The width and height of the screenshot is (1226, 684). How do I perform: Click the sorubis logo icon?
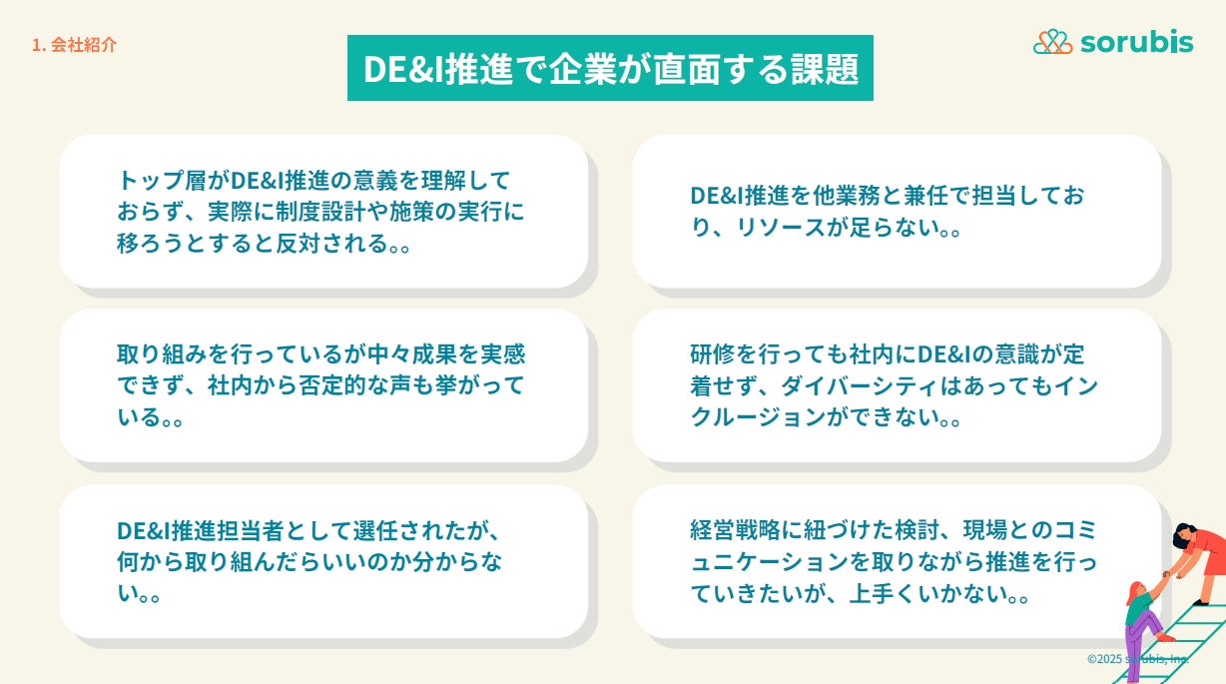point(1052,42)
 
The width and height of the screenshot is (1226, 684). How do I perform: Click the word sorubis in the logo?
point(1137,42)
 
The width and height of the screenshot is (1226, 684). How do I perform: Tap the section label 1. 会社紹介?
point(74,45)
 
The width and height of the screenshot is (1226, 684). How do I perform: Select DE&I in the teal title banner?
point(402,70)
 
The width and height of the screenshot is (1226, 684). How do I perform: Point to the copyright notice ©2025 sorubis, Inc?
point(1138,658)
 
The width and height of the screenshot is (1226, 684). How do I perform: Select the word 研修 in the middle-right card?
point(712,354)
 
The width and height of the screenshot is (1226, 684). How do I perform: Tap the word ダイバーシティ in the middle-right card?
point(859,385)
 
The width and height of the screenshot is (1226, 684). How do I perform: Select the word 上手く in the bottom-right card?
point(883,594)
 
